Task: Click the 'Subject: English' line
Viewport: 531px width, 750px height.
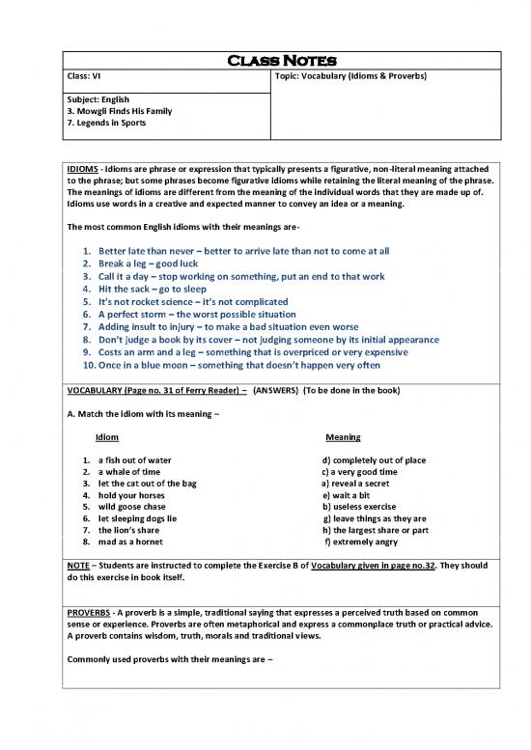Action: coord(98,99)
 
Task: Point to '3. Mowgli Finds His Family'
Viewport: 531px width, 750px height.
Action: coord(116,111)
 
